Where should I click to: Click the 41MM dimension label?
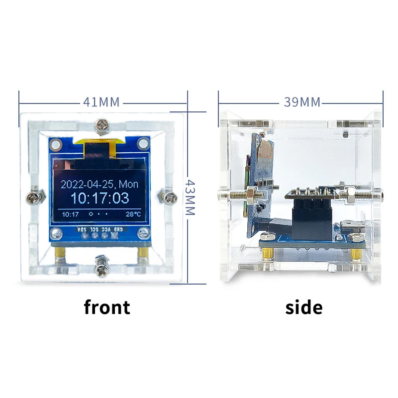pyautogui.click(x=101, y=102)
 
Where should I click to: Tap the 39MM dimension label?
pyautogui.click(x=302, y=102)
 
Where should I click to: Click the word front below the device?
pyautogui.click(x=107, y=307)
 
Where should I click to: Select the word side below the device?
pyautogui.click(x=303, y=307)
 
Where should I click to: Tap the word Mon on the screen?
pyautogui.click(x=128, y=184)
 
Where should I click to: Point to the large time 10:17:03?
pyautogui.click(x=99, y=198)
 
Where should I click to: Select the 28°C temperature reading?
pyautogui.click(x=133, y=214)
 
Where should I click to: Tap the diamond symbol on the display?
pyautogui.click(x=91, y=214)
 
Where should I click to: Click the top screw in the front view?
pyautogui.click(x=102, y=125)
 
